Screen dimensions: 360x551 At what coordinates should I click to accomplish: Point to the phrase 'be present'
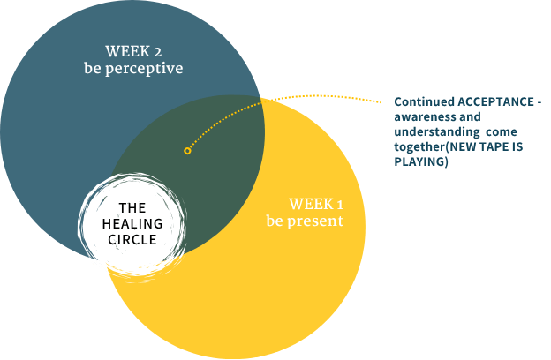[305, 221]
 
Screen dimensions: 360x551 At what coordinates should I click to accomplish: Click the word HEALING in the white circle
[132, 223]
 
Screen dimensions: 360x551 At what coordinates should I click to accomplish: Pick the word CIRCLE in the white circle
[132, 239]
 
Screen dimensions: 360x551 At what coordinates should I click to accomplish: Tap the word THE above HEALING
[132, 208]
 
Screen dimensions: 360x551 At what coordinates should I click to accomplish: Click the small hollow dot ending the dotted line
[187, 151]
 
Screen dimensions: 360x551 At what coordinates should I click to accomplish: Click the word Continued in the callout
[423, 102]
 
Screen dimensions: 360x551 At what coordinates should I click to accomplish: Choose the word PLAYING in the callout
[421, 162]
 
